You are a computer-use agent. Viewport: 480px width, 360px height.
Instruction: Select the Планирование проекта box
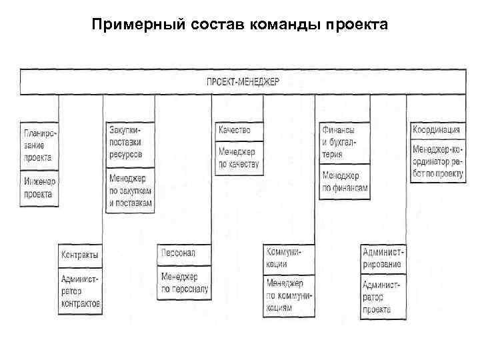coord(39,145)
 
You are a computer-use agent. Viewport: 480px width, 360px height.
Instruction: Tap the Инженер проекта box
coord(39,187)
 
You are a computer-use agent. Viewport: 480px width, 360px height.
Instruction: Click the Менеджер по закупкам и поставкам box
coord(130,190)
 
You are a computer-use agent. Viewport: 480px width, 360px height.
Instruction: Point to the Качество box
coord(239,131)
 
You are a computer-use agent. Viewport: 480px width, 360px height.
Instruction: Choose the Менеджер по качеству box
coord(239,157)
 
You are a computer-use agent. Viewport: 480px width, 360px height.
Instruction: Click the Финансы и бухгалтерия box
coord(344,142)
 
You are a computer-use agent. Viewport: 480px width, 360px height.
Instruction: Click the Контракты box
coord(81,255)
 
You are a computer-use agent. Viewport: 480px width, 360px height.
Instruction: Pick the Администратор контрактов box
coord(81,291)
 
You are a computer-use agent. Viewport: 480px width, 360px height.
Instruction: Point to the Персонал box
coord(184,254)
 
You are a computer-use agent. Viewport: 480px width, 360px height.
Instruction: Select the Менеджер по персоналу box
coord(184,283)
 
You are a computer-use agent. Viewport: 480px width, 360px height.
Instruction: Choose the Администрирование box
coord(383,259)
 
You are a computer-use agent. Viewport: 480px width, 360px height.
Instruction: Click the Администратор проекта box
coord(383,297)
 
